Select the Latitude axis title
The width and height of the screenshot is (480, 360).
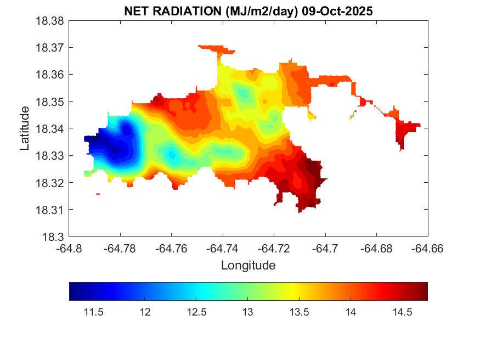click(25, 128)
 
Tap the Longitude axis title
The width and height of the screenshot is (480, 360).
click(248, 266)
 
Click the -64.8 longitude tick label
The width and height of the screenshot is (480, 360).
click(70, 249)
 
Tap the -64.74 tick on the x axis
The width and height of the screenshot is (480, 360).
click(223, 249)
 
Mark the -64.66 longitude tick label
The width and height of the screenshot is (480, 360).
click(428, 249)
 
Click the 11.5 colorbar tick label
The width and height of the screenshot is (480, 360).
click(93, 312)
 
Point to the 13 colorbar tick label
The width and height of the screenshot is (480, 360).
click(247, 312)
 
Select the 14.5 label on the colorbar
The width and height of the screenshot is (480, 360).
click(402, 312)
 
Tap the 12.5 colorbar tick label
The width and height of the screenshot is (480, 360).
click(196, 312)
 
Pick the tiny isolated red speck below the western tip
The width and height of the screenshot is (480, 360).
click(98, 194)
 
